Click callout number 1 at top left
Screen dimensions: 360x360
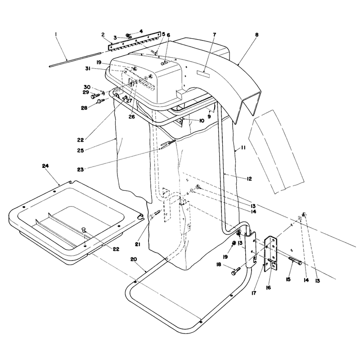pyautogui.click(x=56, y=35)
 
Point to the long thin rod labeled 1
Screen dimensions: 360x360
pyautogui.click(x=75, y=60)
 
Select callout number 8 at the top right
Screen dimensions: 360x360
pyautogui.click(x=256, y=35)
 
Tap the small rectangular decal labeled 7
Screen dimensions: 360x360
pyautogui.click(x=203, y=73)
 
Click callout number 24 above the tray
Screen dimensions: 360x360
pyautogui.click(x=45, y=166)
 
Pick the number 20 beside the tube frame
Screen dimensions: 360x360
pyautogui.click(x=134, y=259)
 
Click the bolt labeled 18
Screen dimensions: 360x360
pyautogui.click(x=236, y=270)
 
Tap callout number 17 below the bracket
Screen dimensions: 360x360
pyautogui.click(x=254, y=293)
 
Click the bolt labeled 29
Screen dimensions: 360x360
pyautogui.click(x=95, y=96)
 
